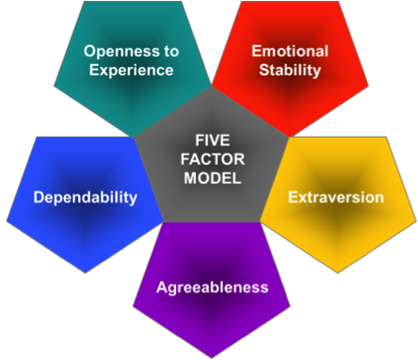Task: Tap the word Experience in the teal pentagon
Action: click(x=127, y=69)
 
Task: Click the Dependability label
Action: click(x=86, y=198)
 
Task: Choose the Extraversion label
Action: click(x=336, y=198)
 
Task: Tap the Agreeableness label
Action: click(x=212, y=287)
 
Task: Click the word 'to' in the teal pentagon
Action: click(x=168, y=50)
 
